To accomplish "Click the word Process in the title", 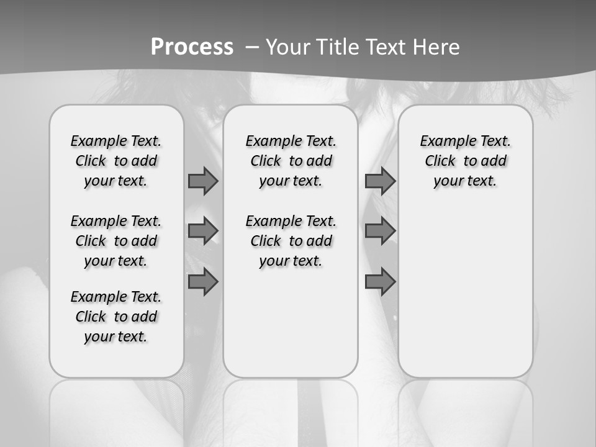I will pos(192,47).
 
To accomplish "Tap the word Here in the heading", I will pos(438,47).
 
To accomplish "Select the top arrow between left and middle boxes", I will pos(203,181).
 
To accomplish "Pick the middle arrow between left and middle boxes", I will pos(203,231).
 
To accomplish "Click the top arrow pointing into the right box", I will pos(380,181).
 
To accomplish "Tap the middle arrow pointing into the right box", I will pos(380,231).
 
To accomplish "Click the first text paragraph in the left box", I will pos(116,161).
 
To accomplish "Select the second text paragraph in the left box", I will pos(116,241).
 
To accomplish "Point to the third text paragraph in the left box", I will pos(116,317).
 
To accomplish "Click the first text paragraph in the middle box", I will pos(291,161).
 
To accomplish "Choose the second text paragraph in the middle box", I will pos(291,241).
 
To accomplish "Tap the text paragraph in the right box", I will pos(466,161).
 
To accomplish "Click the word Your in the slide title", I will pos(289,47).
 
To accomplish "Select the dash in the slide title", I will pos(252,47).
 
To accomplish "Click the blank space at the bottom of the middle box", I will pos(291,329).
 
